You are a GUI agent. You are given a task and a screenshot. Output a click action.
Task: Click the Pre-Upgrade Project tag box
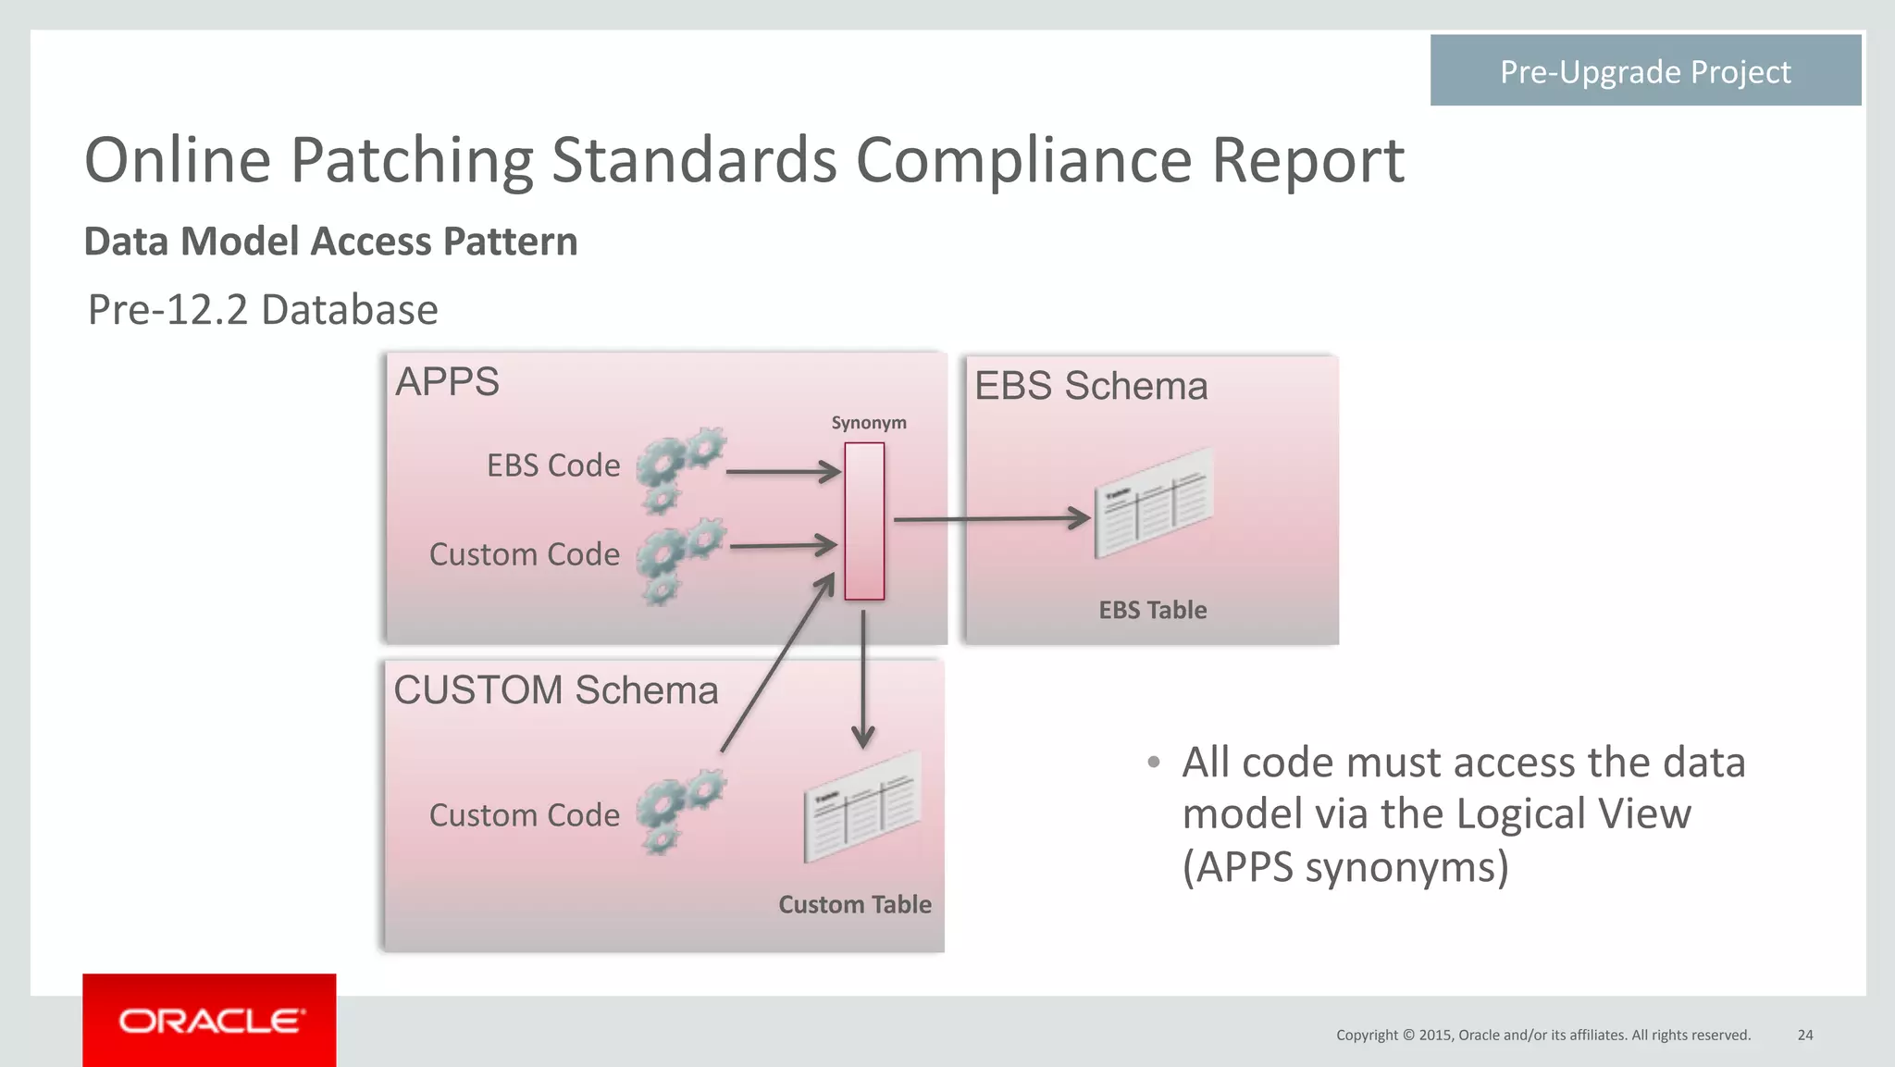pos(1644,71)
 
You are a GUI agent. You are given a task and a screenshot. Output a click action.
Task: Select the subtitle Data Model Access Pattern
pos(330,242)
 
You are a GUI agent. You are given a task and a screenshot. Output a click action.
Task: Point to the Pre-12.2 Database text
pos(263,310)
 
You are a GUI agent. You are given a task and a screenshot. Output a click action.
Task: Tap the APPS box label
pos(447,382)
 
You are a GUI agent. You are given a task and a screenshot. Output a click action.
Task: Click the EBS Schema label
pos(1091,386)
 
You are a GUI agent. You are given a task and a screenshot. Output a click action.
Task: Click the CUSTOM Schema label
pos(555,690)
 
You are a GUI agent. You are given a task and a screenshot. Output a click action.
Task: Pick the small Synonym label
pos(868,423)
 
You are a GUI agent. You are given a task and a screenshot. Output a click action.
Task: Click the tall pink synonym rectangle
pos(864,521)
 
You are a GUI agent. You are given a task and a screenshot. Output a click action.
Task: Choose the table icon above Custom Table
pos(862,806)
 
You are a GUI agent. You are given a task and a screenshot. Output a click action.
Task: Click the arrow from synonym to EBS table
pos(990,519)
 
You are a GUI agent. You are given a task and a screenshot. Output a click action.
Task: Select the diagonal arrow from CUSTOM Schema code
pos(777,664)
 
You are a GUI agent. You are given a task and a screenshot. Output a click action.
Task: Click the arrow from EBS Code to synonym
pos(782,472)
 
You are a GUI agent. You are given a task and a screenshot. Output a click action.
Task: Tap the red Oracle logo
pos(209,1021)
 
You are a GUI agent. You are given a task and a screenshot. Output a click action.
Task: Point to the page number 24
pos(1804,1036)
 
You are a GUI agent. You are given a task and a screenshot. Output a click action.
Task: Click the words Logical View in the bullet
pos(1572,814)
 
